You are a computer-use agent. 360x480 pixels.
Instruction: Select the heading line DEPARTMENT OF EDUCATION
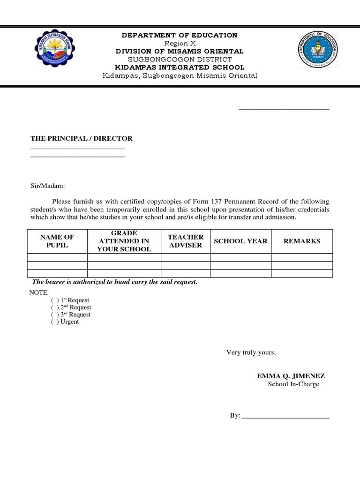coord(180,35)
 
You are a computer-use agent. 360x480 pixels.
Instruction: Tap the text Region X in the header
coord(180,43)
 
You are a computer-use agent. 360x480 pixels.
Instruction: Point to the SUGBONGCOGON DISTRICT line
coord(180,60)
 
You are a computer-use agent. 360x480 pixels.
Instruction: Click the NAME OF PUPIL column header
coord(57,241)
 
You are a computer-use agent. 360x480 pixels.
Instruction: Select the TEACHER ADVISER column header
coord(186,241)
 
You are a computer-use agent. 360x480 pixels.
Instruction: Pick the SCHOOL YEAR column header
coord(240,241)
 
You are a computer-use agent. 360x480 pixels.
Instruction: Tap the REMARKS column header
coord(302,241)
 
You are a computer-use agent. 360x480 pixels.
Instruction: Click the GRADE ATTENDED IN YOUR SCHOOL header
coord(124,241)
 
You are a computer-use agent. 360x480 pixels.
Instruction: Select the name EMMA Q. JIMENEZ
coord(291,376)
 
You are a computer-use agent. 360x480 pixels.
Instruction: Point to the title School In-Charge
coord(293,384)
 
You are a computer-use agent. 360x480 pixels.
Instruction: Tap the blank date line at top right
coord(284,108)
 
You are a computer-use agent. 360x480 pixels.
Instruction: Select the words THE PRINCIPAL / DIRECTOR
coord(82,138)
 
